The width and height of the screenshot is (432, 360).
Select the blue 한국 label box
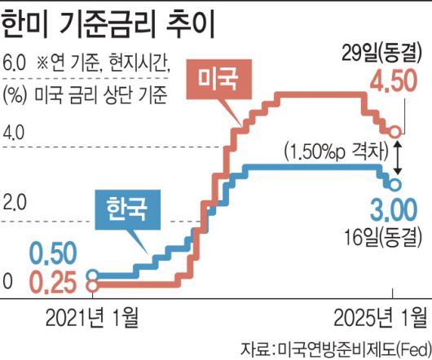click(131, 210)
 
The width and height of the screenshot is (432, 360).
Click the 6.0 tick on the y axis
click(14, 63)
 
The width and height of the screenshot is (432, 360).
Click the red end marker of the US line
click(395, 131)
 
